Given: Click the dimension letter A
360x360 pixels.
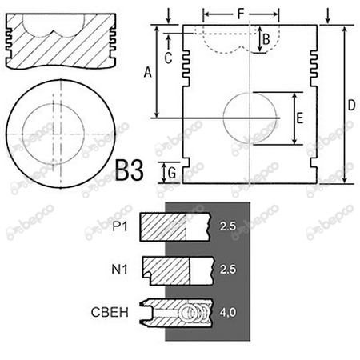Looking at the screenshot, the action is coord(147,72).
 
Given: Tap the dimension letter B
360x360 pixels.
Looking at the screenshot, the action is coord(266,39).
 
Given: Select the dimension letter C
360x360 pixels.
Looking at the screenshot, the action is coord(168,58).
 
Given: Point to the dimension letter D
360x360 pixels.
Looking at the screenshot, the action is coord(351,105).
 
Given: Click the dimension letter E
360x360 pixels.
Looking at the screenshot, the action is coord(300,118).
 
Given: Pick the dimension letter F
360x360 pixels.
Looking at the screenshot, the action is coord(241,14).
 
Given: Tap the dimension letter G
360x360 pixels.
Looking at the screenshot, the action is coord(172,174).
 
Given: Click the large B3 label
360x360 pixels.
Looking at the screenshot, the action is coord(130,170).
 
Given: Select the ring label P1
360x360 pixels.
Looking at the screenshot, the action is coord(120,226).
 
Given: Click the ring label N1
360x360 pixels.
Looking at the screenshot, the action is coord(119,270).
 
